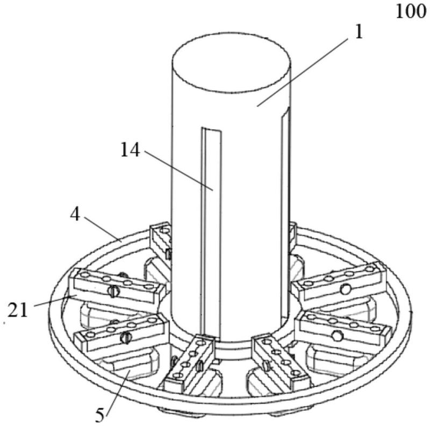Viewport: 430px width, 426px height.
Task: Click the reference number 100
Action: (411, 12)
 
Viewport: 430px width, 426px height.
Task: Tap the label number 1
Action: (359, 32)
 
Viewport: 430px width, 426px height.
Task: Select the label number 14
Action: (130, 150)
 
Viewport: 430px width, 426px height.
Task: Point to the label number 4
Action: (75, 215)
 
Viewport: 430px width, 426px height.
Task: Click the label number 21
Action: (18, 310)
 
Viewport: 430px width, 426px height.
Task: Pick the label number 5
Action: (100, 415)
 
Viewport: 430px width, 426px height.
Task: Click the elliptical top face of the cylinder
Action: (231, 62)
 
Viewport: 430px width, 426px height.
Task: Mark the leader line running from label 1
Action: (303, 72)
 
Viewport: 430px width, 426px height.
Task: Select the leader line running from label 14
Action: (178, 171)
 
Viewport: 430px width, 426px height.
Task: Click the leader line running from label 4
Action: (103, 229)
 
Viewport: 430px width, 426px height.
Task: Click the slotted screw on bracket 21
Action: (113, 291)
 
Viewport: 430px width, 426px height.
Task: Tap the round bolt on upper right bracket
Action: (346, 289)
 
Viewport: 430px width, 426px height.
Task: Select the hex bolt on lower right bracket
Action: (337, 336)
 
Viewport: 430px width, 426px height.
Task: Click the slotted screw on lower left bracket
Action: (126, 337)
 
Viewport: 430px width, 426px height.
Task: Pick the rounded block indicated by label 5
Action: (127, 366)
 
